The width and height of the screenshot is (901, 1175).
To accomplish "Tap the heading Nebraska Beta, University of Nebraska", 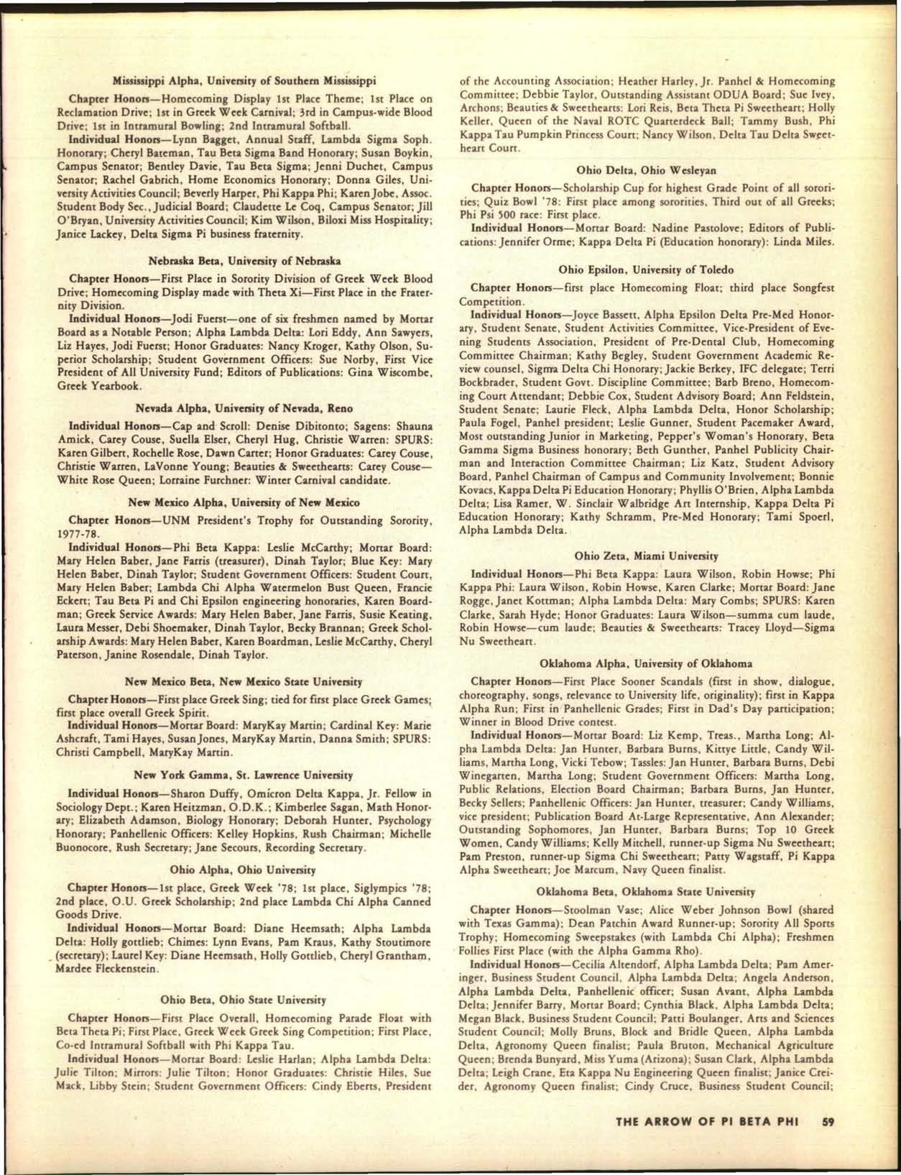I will pos(244,260).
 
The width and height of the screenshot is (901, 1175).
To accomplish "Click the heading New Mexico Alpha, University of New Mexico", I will pos(244,502).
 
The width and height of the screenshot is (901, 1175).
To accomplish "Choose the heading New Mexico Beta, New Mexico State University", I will pos(244,681).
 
